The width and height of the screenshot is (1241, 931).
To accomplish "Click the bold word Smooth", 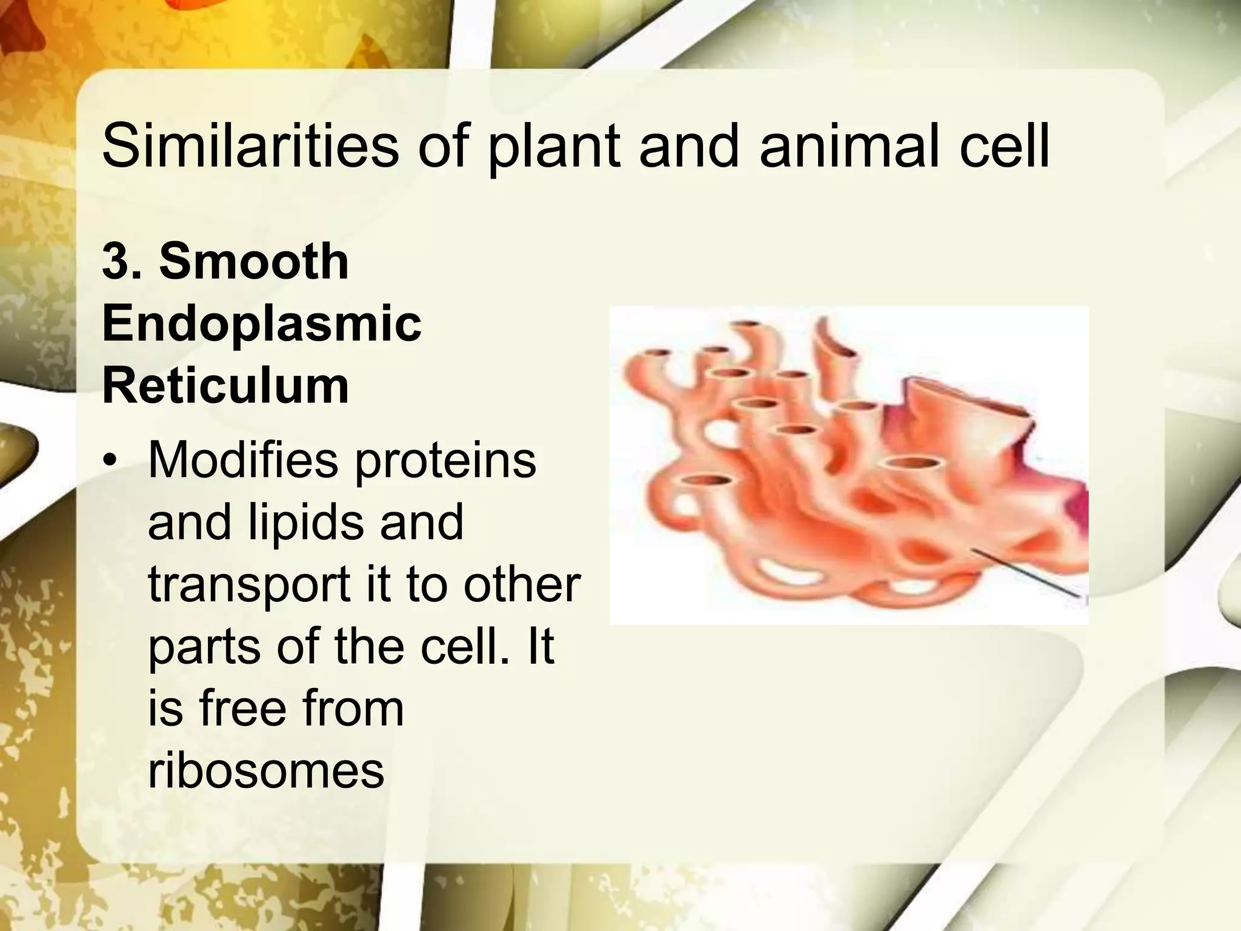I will tap(254, 261).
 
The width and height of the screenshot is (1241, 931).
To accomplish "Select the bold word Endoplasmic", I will tap(262, 324).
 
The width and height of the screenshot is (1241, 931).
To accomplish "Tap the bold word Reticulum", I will tap(225, 385).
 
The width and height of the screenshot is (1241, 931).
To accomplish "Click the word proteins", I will tap(445, 461).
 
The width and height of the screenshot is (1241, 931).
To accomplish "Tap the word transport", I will tap(248, 586).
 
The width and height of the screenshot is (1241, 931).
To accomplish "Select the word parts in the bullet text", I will tap(204, 647).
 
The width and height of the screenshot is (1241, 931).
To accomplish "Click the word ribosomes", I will tap(266, 771).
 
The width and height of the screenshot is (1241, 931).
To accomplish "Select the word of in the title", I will tap(442, 147).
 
